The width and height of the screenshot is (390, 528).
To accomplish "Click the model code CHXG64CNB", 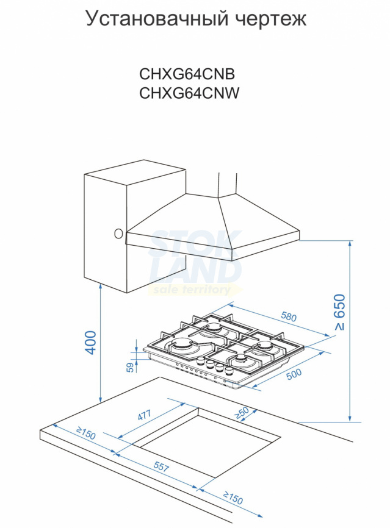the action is (187, 74).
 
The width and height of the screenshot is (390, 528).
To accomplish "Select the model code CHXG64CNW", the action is (189, 93).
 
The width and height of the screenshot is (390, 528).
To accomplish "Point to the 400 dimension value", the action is (91, 342).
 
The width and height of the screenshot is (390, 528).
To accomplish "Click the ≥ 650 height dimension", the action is (340, 312).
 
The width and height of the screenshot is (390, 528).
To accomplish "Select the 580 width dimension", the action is (289, 317).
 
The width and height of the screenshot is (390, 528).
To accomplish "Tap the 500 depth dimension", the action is (294, 374).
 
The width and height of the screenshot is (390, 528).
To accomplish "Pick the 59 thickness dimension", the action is (131, 367).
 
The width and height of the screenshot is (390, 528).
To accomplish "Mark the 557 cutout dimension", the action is (161, 466).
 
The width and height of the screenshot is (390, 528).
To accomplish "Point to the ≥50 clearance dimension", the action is (242, 413).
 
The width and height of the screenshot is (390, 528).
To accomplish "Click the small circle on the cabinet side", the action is (118, 234).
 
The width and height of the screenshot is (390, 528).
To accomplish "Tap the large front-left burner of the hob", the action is (182, 346).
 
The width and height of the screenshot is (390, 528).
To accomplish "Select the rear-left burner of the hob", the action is (214, 327).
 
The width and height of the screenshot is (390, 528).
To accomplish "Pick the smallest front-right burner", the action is (241, 359).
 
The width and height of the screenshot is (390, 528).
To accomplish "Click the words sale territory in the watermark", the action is (192, 290).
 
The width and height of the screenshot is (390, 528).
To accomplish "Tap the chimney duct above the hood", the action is (228, 184).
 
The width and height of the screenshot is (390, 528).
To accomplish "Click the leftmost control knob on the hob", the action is (201, 362).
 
